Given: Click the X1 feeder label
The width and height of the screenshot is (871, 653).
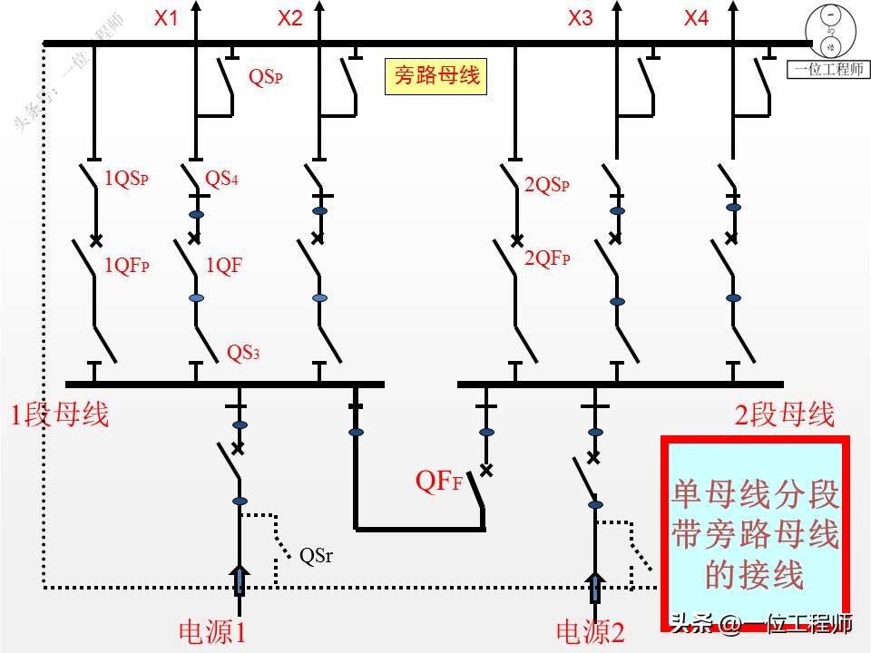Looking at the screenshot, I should (x=166, y=18).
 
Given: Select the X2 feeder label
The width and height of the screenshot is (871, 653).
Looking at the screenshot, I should (x=289, y=18).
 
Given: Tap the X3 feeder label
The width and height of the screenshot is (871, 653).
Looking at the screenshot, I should (x=580, y=18).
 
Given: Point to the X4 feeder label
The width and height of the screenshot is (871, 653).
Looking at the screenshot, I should (x=696, y=18).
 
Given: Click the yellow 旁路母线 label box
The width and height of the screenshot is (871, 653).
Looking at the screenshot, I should (x=435, y=76).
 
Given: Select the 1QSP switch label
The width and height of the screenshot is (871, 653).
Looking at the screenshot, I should (x=126, y=179).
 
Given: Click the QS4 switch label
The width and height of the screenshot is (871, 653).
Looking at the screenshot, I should (x=222, y=179).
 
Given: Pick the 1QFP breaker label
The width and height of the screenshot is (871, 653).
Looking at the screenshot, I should (x=127, y=266).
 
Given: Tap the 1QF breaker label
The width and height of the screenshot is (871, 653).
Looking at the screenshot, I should (x=224, y=266).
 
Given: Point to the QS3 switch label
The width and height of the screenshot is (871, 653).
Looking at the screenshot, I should (x=243, y=352).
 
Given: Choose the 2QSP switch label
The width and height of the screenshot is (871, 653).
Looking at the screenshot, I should (x=548, y=185).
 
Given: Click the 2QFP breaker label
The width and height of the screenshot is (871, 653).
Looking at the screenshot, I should (x=548, y=258).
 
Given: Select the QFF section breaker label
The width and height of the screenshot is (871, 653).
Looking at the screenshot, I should (x=439, y=482).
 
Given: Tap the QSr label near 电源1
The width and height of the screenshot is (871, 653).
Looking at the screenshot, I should (x=316, y=556).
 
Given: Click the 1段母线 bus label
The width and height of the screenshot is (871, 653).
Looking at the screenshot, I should (x=60, y=415).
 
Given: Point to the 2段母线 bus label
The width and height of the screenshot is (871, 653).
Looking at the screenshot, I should (x=785, y=415).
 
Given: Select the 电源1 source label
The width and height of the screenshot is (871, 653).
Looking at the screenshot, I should (x=212, y=631).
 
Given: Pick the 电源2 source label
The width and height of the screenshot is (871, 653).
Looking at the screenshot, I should (x=591, y=631).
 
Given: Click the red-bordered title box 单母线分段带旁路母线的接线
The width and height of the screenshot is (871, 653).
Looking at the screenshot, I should (x=755, y=535).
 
